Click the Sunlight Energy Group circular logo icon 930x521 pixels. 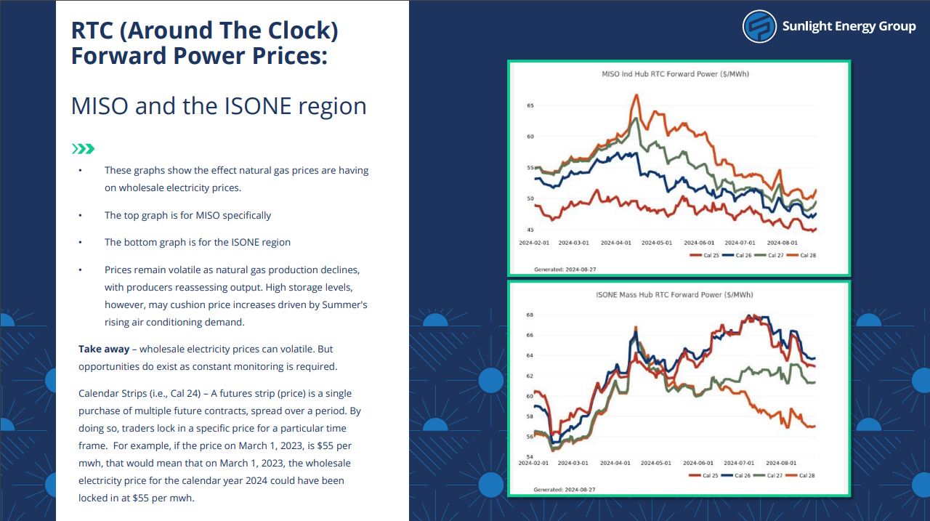[759, 27]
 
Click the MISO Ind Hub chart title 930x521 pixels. [675, 74]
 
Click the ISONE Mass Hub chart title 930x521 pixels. [674, 295]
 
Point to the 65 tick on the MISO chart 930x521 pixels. [530, 105]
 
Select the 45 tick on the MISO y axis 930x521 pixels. [530, 230]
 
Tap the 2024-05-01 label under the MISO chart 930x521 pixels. [656, 243]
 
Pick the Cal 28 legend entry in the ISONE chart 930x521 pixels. [801, 475]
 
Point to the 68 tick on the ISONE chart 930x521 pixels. [530, 315]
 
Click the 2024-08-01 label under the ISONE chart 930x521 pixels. [781, 463]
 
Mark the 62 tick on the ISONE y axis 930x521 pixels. [530, 376]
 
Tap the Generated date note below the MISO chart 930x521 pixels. [565, 270]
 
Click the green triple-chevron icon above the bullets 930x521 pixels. [83, 149]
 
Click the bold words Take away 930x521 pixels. [104, 349]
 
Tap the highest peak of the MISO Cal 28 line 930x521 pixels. [636, 95]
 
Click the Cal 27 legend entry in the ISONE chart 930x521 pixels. [768, 475]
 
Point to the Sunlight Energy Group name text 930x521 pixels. [849, 26]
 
